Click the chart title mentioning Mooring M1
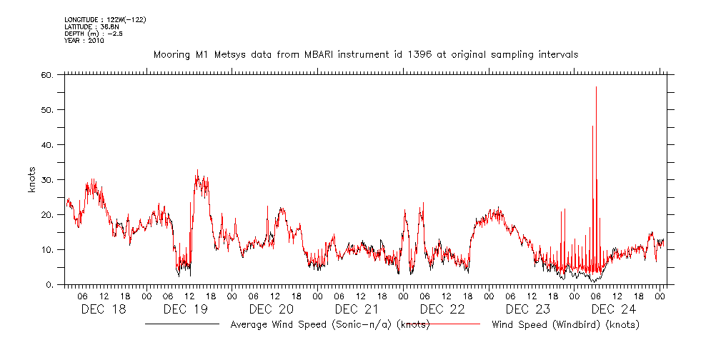pos(366,54)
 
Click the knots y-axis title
pos(31,180)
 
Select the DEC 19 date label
pos(185,309)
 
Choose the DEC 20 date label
pos(271,309)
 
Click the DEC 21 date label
pos(357,309)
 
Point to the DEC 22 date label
pos(442,309)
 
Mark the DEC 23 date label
pos(528,309)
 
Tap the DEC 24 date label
pos(614,309)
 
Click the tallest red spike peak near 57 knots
pos(596,87)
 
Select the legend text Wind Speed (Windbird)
pos(566,325)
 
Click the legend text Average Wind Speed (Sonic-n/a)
pos(329,325)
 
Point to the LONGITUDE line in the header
pos(106,21)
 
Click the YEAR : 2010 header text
pos(84,41)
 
